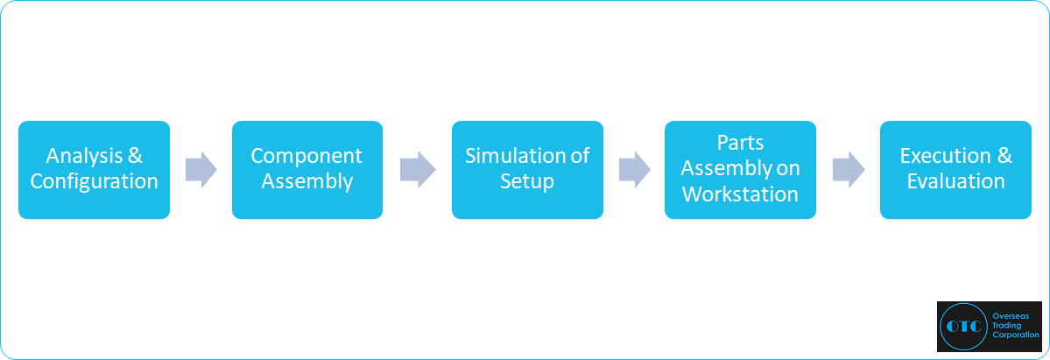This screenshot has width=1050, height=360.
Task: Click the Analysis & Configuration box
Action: point(94,170)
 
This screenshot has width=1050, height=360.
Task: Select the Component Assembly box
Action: point(307,170)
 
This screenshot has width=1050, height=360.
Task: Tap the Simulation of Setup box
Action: point(528,170)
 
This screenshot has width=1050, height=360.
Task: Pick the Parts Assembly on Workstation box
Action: point(740,170)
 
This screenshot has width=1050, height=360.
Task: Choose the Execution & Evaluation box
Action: point(955,170)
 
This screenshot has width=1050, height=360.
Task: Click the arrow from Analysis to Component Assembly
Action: point(201,170)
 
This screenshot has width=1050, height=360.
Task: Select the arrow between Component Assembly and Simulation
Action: point(418,170)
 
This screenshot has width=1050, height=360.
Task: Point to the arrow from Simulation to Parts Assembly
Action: point(635,170)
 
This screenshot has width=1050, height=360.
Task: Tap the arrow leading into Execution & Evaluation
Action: point(849,170)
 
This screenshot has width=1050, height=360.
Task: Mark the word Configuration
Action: point(95,181)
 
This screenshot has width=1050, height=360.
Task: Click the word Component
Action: point(307,156)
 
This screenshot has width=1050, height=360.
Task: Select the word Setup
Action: point(527,181)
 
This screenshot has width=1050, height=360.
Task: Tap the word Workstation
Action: point(740,194)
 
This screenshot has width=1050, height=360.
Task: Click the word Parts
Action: point(740,144)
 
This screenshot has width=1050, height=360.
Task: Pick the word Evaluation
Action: point(955,181)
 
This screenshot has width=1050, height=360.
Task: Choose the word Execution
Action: point(945,156)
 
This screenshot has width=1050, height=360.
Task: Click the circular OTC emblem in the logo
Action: point(963,327)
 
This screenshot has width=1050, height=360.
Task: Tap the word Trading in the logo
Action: point(1007,326)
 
